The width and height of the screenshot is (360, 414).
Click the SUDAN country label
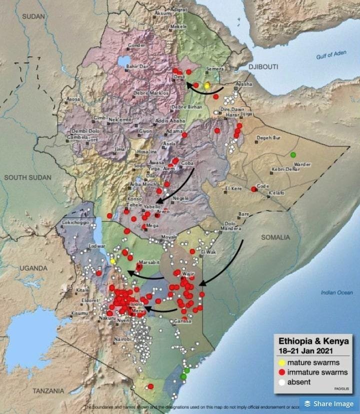tap(33, 17)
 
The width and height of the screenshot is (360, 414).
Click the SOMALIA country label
tap(275, 237)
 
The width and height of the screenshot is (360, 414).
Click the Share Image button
tap(328, 403)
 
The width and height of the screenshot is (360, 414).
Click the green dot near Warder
tap(293, 154)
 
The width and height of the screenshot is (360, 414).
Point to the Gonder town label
tap(137, 45)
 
